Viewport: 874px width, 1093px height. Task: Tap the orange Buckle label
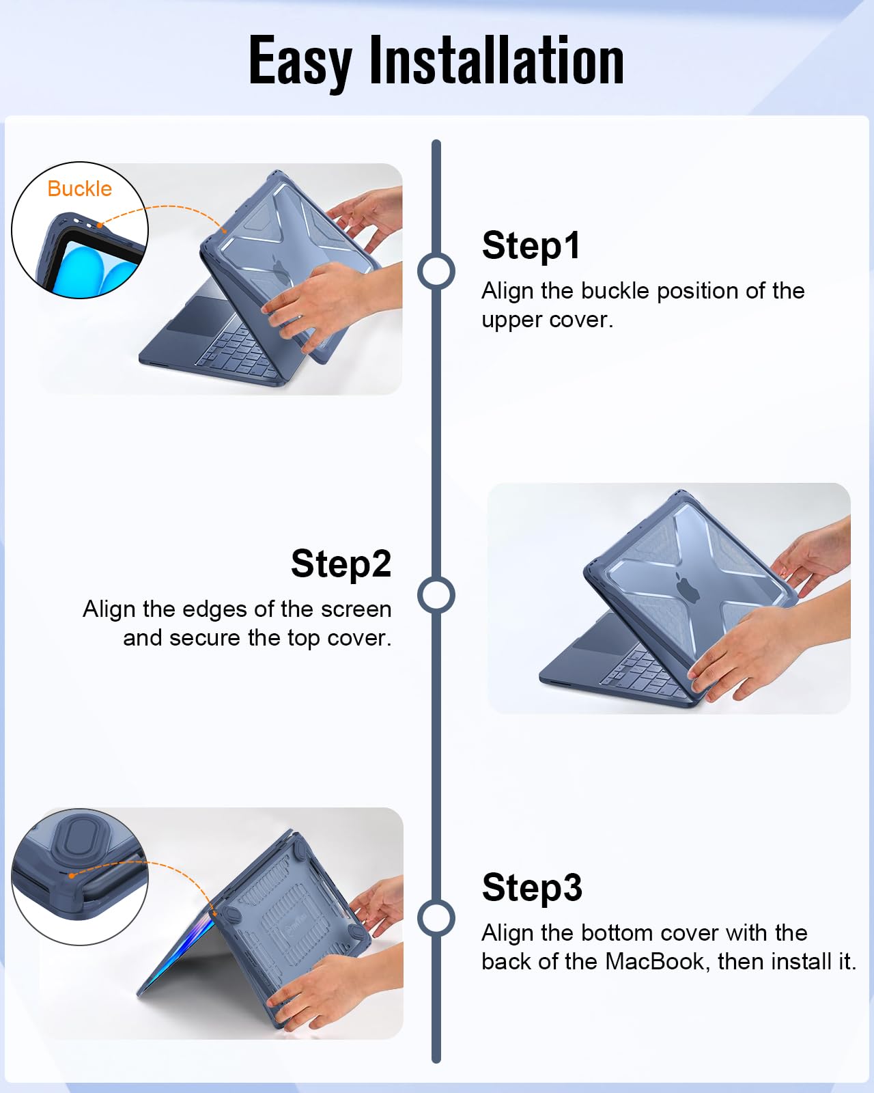[80, 189]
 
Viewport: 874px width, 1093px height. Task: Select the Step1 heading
[531, 246]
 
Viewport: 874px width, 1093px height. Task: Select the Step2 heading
[341, 564]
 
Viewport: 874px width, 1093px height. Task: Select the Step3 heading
[532, 888]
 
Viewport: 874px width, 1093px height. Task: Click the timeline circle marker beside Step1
[436, 271]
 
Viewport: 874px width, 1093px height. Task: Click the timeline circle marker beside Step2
[436, 594]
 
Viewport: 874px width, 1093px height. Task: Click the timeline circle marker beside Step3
[436, 918]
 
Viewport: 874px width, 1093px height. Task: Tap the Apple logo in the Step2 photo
[687, 587]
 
